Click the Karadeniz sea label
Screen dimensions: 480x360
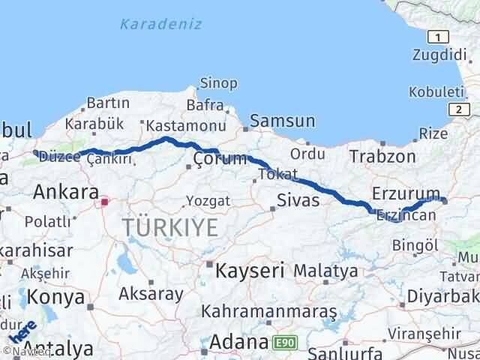tap(160, 24)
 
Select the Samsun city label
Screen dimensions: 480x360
tap(283, 121)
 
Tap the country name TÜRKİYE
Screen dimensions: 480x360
tap(170, 226)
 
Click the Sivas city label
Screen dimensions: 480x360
tap(298, 200)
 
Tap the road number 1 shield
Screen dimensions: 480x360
tap(437, 36)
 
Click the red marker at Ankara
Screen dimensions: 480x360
tap(105, 201)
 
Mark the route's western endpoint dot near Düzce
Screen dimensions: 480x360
tap(35, 152)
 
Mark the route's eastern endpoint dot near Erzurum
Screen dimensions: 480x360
tap(444, 199)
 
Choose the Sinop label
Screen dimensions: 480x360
tap(218, 83)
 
